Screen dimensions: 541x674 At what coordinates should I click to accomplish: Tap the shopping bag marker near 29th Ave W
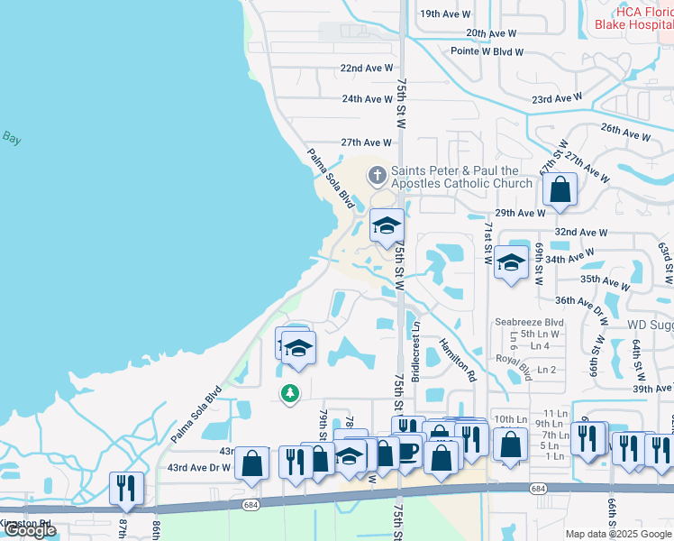tap(560, 190)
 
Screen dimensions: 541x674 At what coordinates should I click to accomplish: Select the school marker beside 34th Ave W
tap(512, 262)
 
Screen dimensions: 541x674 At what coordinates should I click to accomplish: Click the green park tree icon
tap(290, 393)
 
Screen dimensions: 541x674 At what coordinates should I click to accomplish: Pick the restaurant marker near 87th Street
tap(125, 489)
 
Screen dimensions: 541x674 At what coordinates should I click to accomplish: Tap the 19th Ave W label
tap(445, 14)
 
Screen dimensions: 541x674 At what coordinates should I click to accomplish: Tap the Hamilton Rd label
tap(457, 361)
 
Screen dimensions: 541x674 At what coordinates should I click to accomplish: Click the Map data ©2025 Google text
tap(617, 534)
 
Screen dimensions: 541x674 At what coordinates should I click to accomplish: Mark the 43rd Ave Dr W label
tap(198, 467)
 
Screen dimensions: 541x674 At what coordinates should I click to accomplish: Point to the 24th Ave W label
tap(366, 99)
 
